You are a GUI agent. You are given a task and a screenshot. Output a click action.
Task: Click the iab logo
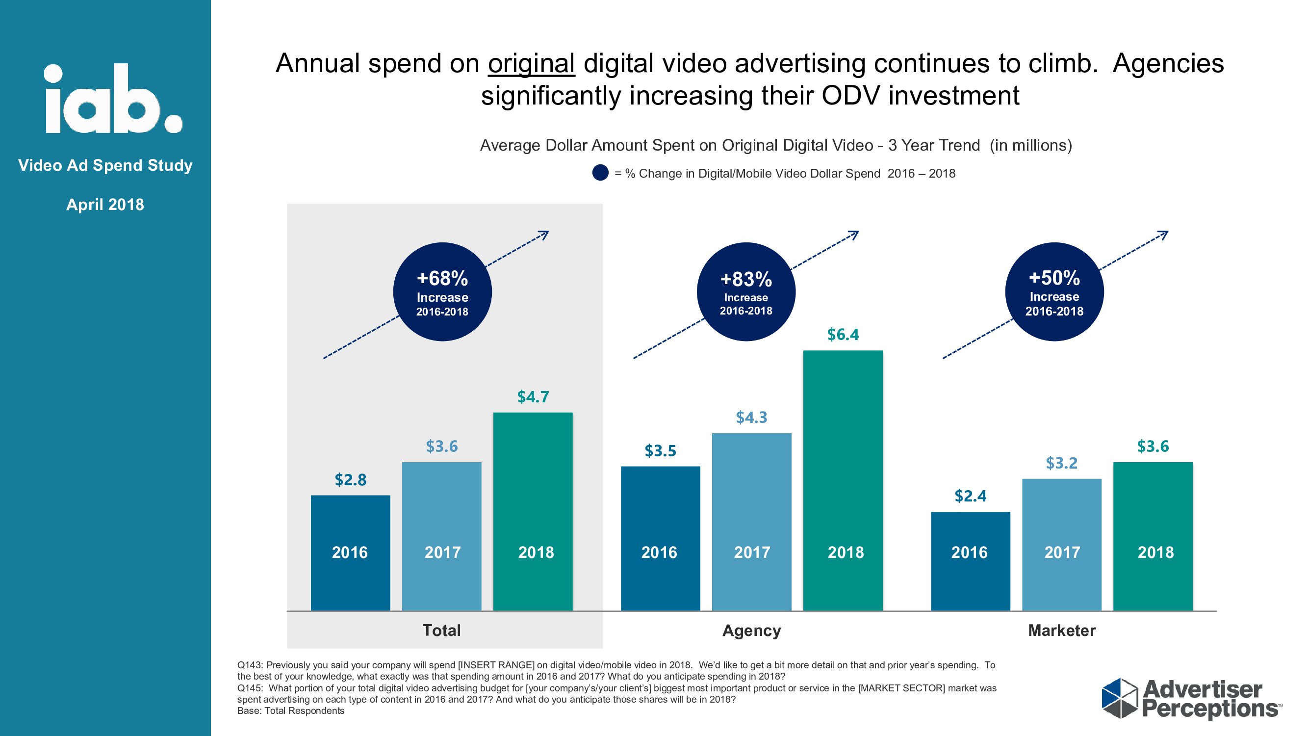(x=113, y=99)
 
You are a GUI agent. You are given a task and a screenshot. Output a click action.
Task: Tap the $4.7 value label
(x=533, y=396)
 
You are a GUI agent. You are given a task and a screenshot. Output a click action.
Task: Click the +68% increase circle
(x=442, y=291)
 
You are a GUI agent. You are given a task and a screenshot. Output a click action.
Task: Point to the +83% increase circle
(x=745, y=291)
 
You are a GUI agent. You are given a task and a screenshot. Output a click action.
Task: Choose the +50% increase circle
(x=1054, y=291)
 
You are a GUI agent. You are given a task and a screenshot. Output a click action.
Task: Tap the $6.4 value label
(x=843, y=335)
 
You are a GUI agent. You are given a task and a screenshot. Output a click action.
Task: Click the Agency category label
(x=751, y=631)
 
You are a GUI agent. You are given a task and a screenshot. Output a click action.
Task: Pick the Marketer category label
(x=1061, y=631)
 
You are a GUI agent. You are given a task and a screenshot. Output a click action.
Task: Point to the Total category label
(x=441, y=631)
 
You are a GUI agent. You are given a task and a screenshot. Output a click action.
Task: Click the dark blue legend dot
(x=600, y=173)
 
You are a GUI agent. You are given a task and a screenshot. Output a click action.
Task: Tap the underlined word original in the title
(x=531, y=64)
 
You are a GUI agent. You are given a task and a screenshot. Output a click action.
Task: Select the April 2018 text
(x=105, y=204)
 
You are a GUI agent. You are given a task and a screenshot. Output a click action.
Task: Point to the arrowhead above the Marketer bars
(x=1163, y=235)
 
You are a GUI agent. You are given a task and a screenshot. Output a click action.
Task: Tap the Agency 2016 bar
(x=660, y=538)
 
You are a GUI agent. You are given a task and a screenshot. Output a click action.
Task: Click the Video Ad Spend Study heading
(x=105, y=165)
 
